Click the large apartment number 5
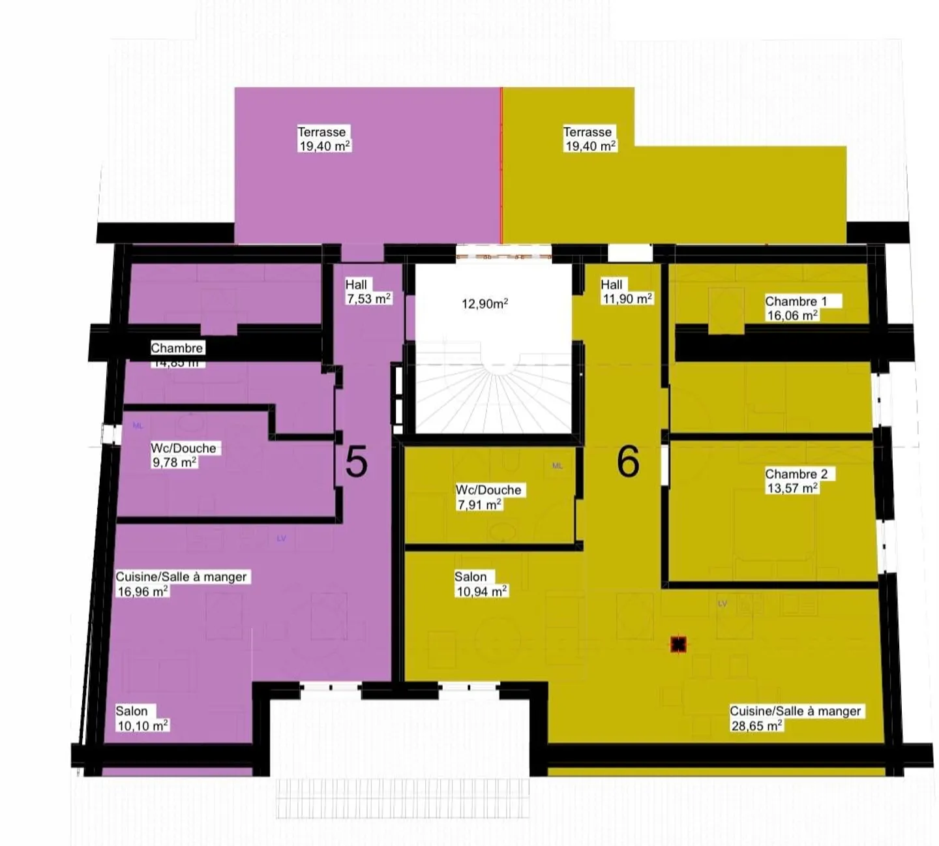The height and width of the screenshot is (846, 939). point(356,462)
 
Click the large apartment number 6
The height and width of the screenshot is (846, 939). point(628,462)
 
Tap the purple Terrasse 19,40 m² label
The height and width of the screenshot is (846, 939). point(324,139)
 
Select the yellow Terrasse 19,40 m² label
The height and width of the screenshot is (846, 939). point(589,139)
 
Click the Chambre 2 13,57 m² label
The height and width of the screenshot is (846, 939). point(796,481)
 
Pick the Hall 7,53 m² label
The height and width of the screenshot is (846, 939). point(368,292)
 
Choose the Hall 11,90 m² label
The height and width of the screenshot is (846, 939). point(625,292)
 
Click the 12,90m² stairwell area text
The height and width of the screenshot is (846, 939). point(484,303)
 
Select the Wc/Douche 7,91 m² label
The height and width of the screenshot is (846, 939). point(488,497)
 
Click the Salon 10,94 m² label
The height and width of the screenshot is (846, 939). point(481,584)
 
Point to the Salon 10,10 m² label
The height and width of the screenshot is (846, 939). point(142,718)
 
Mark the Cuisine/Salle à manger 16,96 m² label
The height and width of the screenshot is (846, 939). point(181,584)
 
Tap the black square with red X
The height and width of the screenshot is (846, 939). point(678,645)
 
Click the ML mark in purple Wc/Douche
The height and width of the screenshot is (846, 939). point(138,426)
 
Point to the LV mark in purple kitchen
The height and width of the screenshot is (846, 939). point(282,538)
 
